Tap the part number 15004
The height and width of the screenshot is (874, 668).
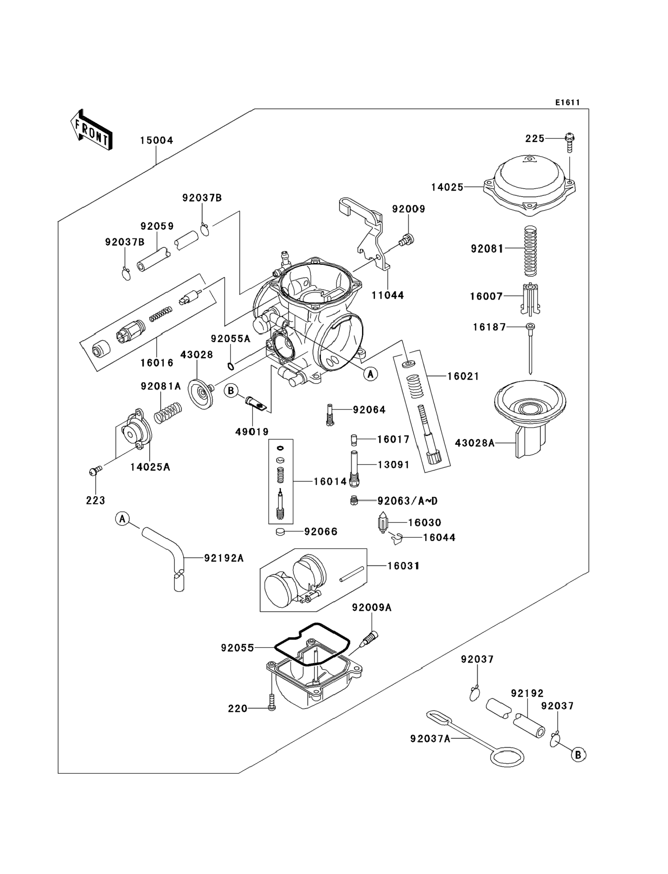pyautogui.click(x=156, y=141)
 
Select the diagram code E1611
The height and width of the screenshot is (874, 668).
pyautogui.click(x=567, y=103)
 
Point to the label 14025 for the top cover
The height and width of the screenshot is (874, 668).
pyautogui.click(x=447, y=187)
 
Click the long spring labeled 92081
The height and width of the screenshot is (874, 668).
pyautogui.click(x=531, y=251)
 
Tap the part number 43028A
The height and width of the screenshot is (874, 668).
pyautogui.click(x=474, y=443)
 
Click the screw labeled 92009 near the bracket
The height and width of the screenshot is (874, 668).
pyautogui.click(x=407, y=240)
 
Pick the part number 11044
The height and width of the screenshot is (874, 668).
pyautogui.click(x=388, y=295)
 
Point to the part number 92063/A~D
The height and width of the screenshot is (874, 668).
pyautogui.click(x=407, y=501)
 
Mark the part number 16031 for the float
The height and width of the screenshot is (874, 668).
pyautogui.click(x=404, y=566)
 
